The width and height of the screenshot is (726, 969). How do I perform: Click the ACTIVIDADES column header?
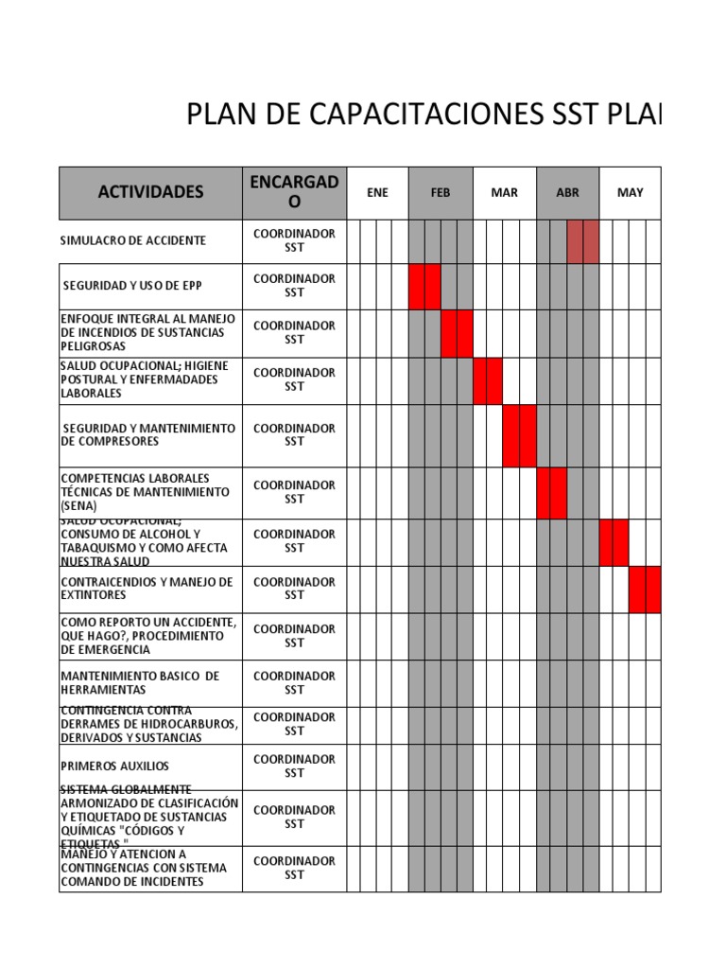(x=150, y=192)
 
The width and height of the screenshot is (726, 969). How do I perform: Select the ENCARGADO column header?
(x=294, y=192)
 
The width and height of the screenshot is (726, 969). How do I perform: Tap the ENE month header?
(x=377, y=192)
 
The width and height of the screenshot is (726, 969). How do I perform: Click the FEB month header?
(x=441, y=192)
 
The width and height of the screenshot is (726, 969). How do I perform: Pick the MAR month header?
(x=504, y=192)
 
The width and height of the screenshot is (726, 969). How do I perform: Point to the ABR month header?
(x=567, y=192)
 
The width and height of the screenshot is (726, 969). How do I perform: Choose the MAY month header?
(x=630, y=192)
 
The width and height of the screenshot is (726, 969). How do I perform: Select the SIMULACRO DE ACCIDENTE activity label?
(x=133, y=240)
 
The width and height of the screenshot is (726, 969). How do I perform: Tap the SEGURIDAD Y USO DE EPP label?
(x=132, y=286)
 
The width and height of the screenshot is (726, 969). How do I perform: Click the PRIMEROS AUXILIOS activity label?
(x=115, y=766)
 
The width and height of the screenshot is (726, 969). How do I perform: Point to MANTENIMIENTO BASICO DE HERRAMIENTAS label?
(x=140, y=682)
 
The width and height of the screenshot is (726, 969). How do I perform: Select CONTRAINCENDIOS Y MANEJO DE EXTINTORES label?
(x=147, y=589)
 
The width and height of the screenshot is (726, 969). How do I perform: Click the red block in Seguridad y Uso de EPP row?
(x=424, y=287)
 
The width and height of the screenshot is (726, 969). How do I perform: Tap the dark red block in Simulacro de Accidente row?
(x=583, y=241)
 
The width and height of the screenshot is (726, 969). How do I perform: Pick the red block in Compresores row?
(x=520, y=435)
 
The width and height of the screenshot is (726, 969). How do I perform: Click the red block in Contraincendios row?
(x=645, y=589)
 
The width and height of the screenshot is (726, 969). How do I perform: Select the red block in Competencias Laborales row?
(x=551, y=493)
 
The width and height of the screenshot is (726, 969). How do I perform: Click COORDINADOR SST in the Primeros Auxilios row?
(x=294, y=766)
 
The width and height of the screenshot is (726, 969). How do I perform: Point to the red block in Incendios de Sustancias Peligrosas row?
(x=457, y=333)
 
